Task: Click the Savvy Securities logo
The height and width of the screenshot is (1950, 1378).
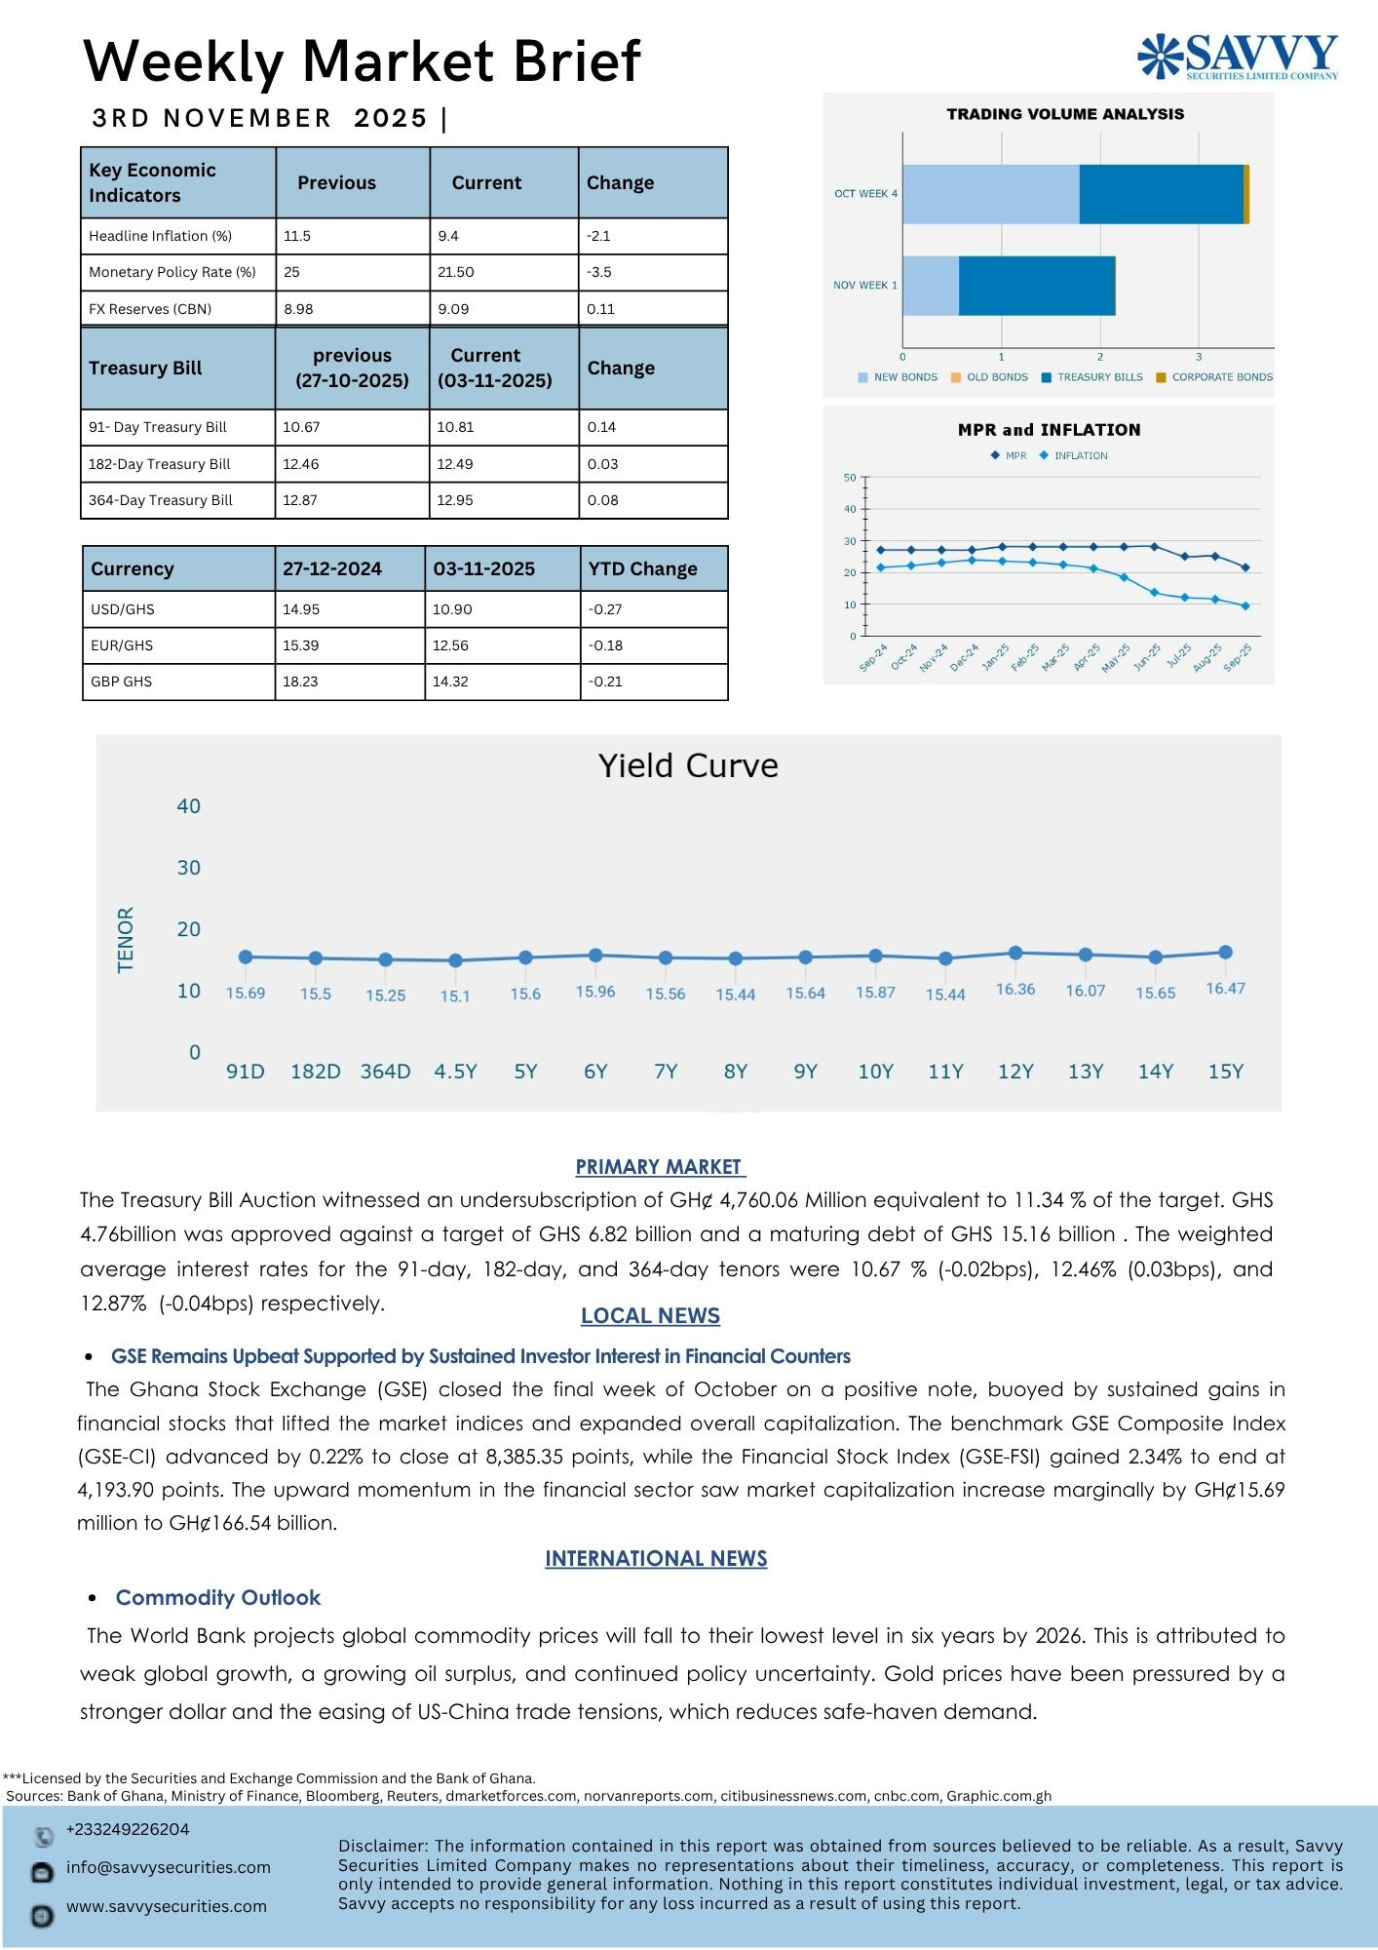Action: click(x=1238, y=56)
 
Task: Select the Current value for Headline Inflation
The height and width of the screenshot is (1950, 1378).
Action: click(x=448, y=236)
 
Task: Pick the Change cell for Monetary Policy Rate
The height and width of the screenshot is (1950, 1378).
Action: click(x=599, y=272)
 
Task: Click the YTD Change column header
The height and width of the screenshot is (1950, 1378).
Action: click(x=642, y=568)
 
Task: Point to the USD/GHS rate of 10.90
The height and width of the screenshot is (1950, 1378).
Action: click(x=452, y=609)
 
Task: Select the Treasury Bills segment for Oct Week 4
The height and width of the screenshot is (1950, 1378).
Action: click(x=1161, y=194)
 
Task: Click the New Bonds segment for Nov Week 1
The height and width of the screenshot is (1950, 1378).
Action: click(x=931, y=286)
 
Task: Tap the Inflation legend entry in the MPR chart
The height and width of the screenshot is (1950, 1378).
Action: click(x=1080, y=455)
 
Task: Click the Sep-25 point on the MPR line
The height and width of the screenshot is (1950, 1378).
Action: click(x=1245, y=567)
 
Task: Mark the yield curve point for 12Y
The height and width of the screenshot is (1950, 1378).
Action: click(x=1015, y=953)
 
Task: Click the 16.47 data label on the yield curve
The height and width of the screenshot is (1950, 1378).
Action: click(x=1225, y=989)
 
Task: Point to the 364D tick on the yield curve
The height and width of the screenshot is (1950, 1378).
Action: click(x=385, y=1072)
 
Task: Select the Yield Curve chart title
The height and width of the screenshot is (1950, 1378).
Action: click(x=688, y=765)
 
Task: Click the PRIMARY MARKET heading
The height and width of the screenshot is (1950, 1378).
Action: click(x=660, y=1167)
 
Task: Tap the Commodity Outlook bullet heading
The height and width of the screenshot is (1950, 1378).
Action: click(x=217, y=1597)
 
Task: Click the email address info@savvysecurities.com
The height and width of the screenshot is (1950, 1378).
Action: click(x=168, y=1867)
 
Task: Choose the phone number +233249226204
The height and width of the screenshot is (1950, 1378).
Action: click(x=128, y=1829)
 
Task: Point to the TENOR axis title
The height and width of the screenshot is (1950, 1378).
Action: click(x=126, y=939)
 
